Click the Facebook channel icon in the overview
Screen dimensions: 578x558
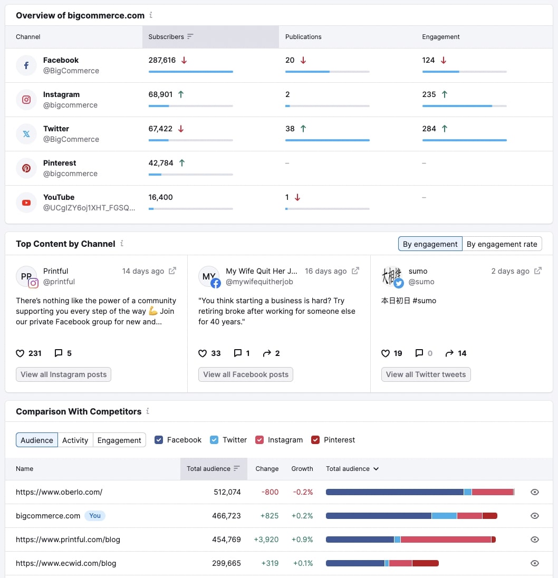[x=26, y=65]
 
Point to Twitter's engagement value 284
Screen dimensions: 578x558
[x=429, y=129]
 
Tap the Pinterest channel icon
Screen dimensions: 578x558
[x=26, y=168]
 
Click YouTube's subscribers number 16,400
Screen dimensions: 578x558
[x=161, y=197]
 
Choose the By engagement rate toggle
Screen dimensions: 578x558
[x=502, y=244]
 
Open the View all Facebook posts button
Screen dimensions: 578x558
[x=246, y=374]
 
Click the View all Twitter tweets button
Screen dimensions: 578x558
[x=426, y=374]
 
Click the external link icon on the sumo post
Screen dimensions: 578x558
[x=538, y=271]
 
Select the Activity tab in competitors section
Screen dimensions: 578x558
[x=75, y=440]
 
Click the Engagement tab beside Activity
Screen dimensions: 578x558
[x=119, y=440]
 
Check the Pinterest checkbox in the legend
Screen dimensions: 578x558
[x=315, y=440]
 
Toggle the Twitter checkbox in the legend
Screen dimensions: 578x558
[x=214, y=440]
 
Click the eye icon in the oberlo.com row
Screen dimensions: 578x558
[x=535, y=492]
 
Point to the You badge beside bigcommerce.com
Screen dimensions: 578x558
[x=95, y=516]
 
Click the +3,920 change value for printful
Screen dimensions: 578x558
[x=266, y=540]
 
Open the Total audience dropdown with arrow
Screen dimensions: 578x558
[x=352, y=469]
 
